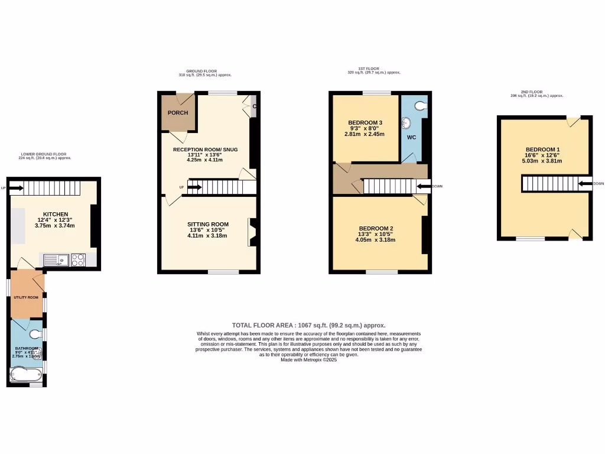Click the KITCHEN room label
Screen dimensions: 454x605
coord(56,214)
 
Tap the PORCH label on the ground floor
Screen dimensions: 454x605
coord(178,113)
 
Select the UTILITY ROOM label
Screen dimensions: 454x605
coord(26,297)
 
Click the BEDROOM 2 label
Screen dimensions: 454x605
coord(376,229)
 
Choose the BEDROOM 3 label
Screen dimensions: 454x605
coord(364,123)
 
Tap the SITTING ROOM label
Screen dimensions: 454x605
coord(207,224)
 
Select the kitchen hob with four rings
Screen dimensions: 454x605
coord(78,259)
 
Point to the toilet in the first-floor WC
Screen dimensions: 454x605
coord(420,106)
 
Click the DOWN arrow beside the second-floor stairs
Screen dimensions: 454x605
coord(586,184)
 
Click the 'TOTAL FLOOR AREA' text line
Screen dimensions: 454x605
coord(308,325)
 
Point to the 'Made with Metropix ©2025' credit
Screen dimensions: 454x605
coord(308,359)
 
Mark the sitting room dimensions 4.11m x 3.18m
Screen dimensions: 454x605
coord(207,236)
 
